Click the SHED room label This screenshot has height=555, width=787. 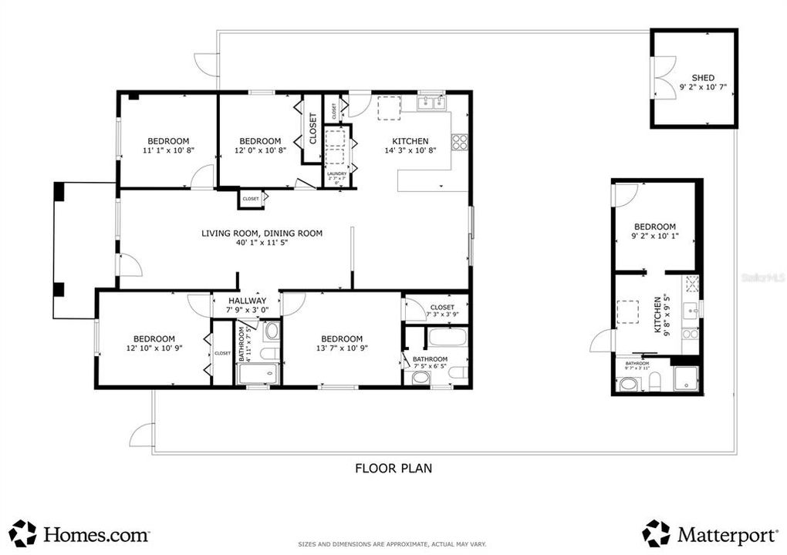[703, 77]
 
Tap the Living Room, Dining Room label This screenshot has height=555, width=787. [262, 233]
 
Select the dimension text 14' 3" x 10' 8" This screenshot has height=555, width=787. [410, 151]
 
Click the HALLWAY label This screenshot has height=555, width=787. [246, 301]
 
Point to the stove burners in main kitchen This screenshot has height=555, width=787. [459, 142]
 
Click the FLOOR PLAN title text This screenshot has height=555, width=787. [393, 467]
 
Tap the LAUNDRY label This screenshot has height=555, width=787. [336, 174]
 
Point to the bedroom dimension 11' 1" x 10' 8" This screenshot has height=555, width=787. [168, 151]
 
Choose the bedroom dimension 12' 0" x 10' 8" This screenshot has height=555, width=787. [260, 151]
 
